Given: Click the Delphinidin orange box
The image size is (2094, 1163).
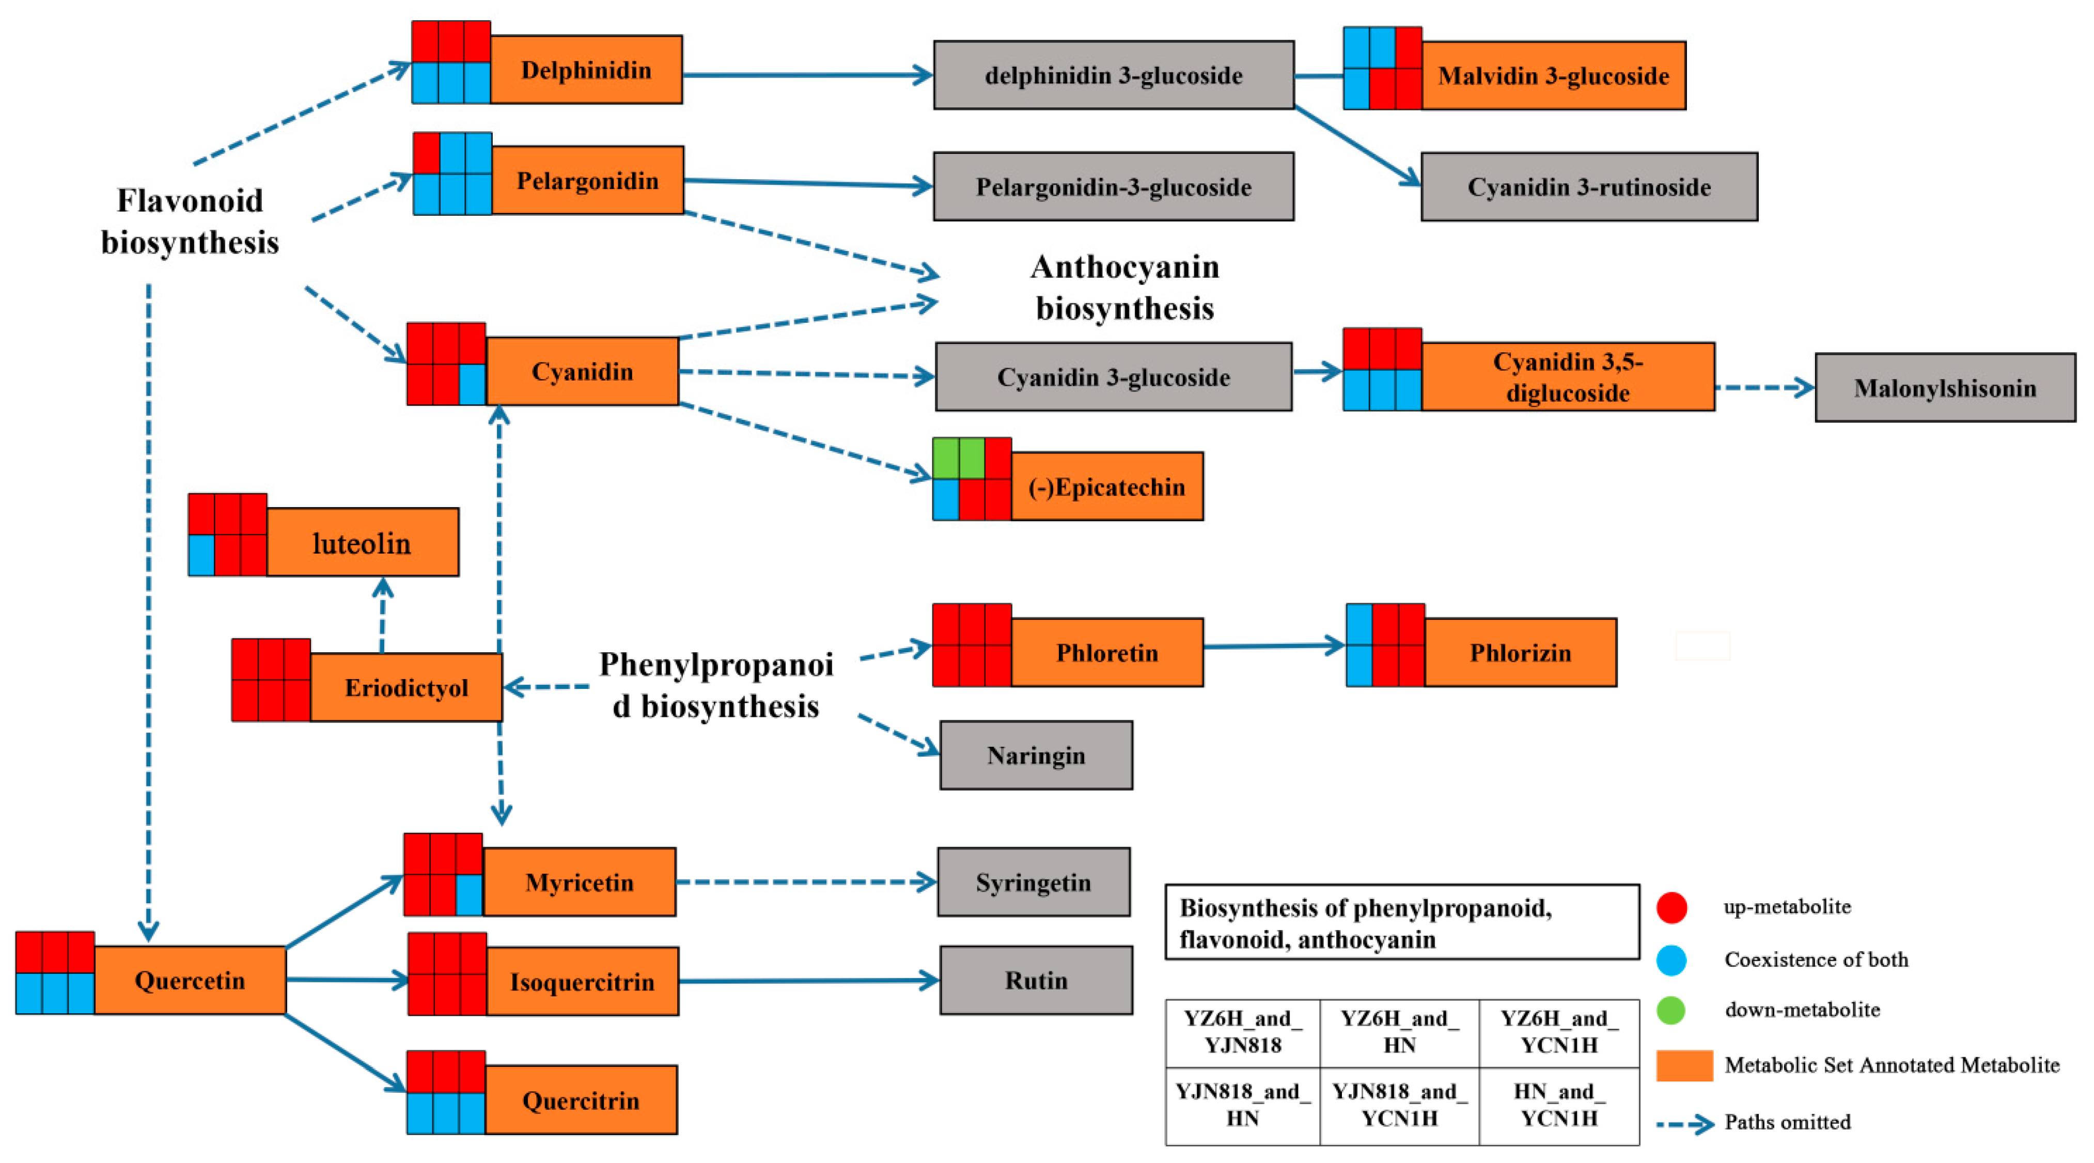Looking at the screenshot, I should coord(585,69).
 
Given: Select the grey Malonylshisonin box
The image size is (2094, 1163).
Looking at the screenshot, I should coord(1944,388).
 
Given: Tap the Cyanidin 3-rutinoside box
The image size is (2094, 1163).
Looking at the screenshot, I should coord(1588,187).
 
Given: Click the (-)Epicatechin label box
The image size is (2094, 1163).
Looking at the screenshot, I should coord(1106,487).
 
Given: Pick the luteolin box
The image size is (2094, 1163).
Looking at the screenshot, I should coord(362,543).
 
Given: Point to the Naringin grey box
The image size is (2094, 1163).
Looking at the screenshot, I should coord(1036,755).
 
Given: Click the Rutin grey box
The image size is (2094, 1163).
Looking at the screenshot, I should coord(1036,980).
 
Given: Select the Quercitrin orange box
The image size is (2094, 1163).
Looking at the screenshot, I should coord(581,1101).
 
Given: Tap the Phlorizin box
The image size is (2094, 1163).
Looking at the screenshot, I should coord(1520,653).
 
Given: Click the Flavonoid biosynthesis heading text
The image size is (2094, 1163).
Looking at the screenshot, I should coord(190,221).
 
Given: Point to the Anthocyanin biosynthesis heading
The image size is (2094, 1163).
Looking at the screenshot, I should coord(1124,288).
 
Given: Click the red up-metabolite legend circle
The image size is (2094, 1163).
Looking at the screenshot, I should coord(1671,907).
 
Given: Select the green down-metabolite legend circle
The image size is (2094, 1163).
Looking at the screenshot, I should coord(1671,1010).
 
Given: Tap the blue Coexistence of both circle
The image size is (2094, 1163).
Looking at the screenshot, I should coord(1671,960).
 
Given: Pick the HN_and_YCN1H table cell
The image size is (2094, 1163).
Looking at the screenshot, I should coord(1558,1105).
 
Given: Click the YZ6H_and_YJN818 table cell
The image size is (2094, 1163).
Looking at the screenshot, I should coord(1242,1032).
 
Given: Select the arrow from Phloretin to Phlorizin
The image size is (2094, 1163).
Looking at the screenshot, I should coord(1273,647).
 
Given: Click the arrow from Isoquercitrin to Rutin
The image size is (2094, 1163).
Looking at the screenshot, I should coord(809,981).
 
